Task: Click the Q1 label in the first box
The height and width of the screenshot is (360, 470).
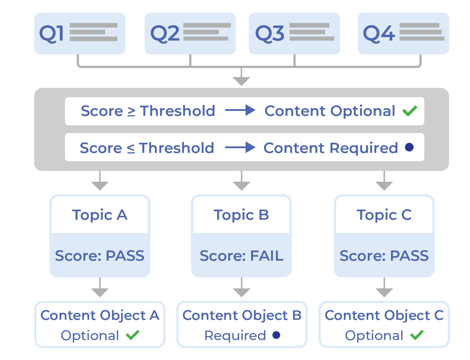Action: click(x=51, y=34)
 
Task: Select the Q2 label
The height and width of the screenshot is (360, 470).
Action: click(x=164, y=34)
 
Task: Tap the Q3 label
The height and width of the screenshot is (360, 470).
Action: click(x=270, y=34)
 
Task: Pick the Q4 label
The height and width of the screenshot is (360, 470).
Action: click(x=379, y=34)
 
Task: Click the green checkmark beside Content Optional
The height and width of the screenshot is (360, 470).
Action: click(x=410, y=111)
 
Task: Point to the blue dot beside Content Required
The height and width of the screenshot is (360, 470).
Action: click(x=409, y=147)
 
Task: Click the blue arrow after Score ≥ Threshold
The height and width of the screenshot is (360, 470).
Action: click(x=240, y=111)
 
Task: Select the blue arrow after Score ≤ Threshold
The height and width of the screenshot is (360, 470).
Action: click(x=240, y=148)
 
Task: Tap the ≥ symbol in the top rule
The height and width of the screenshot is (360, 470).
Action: click(x=131, y=112)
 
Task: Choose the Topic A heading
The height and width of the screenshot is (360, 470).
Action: click(x=100, y=215)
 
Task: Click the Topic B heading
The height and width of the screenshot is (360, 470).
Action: click(x=241, y=215)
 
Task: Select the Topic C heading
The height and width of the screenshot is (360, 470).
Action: click(x=384, y=215)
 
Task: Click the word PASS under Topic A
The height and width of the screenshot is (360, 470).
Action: click(x=125, y=256)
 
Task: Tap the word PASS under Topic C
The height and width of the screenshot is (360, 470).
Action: click(x=409, y=256)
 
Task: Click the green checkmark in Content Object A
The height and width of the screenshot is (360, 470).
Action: click(x=133, y=335)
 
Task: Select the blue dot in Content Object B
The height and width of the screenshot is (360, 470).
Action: click(x=276, y=335)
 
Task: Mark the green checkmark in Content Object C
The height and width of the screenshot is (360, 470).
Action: click(x=417, y=335)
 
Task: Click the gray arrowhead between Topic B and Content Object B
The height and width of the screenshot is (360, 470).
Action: click(x=241, y=292)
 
